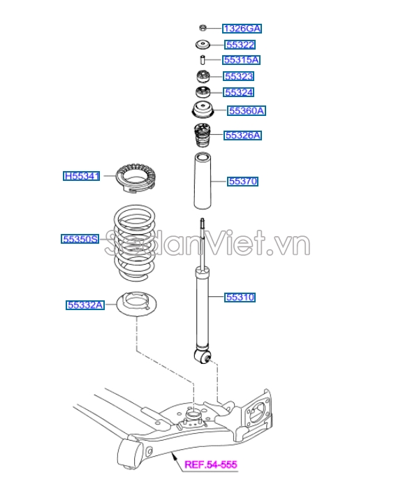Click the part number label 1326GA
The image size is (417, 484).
click(x=242, y=29)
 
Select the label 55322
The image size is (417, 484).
click(x=240, y=45)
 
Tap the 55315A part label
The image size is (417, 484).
click(x=241, y=60)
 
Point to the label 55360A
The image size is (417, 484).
click(x=247, y=110)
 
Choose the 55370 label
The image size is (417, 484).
click(x=243, y=182)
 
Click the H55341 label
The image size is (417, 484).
click(x=82, y=177)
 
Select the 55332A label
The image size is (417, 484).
click(x=85, y=305)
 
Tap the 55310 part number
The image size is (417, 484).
click(x=240, y=298)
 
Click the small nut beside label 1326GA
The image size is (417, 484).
click(x=202, y=28)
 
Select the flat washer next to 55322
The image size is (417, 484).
click(x=202, y=45)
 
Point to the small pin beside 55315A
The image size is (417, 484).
click(x=202, y=60)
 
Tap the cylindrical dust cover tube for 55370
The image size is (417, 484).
click(x=202, y=180)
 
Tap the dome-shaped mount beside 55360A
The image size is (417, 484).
click(x=202, y=110)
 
